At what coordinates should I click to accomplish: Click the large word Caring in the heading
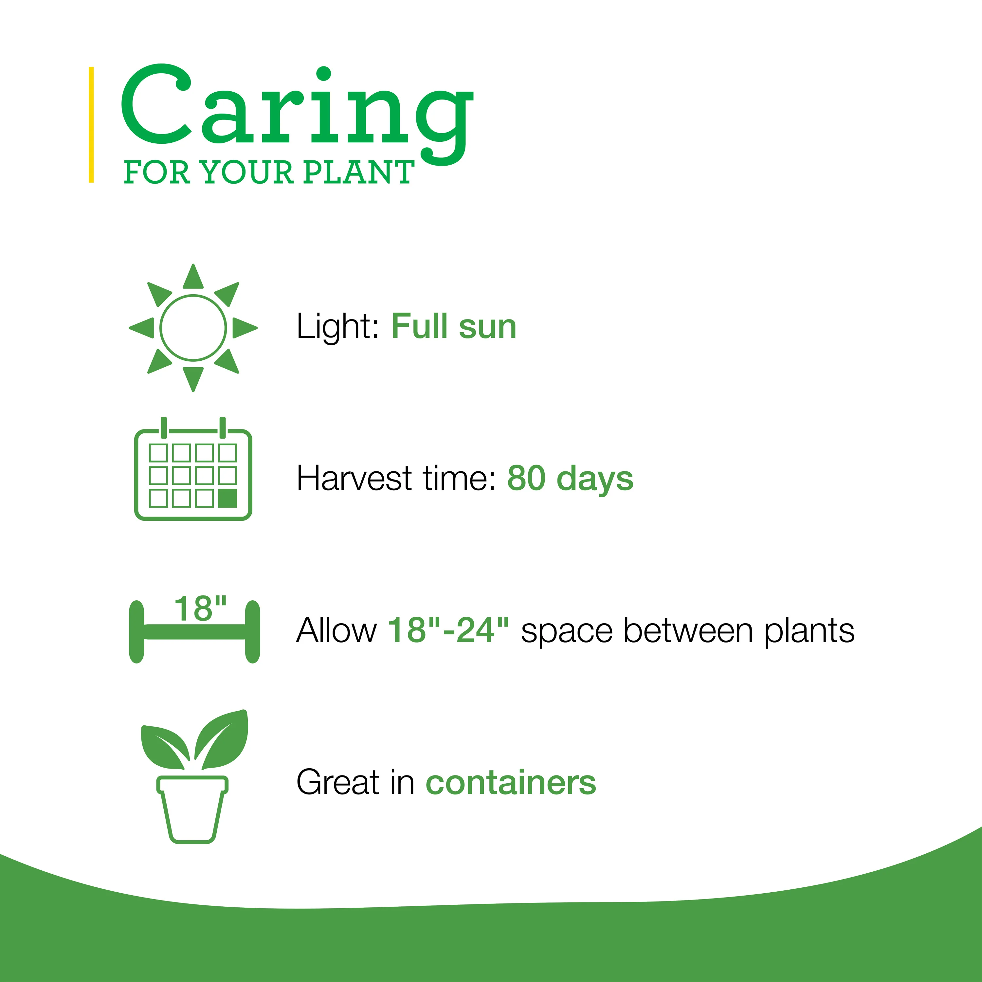point(297,114)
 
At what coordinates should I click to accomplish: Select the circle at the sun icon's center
point(193,328)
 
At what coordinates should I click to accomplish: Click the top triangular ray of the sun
point(193,277)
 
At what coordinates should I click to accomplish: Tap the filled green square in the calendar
point(227,499)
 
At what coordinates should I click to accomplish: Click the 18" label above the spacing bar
point(200,609)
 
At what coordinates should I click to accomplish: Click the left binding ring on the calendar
point(164,427)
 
